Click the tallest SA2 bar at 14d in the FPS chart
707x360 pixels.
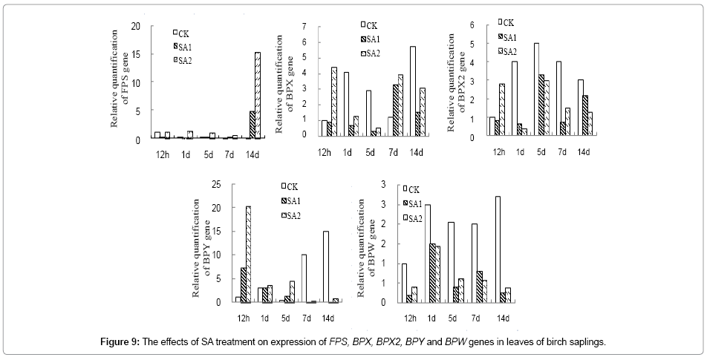click(257, 96)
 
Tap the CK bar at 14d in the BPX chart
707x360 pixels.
click(412, 91)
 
